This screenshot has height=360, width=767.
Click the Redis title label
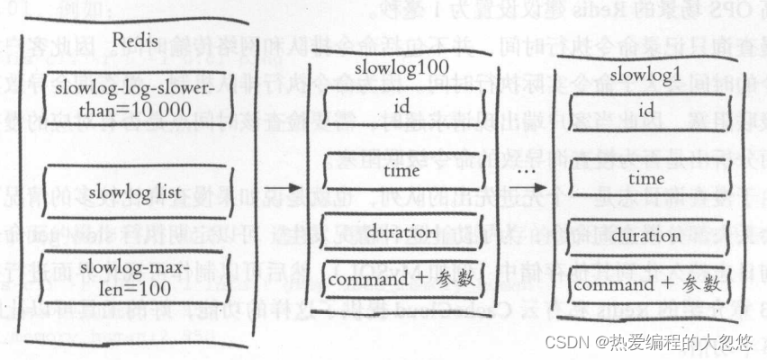(137, 40)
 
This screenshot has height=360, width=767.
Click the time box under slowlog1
(645, 179)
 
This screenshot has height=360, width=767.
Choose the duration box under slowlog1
(645, 236)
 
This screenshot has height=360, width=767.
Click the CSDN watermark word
(565, 341)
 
